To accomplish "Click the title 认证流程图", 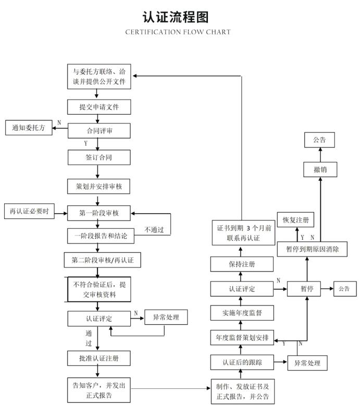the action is point(176,17).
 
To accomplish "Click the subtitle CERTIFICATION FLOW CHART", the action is point(178,32).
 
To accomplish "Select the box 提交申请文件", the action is point(99,107).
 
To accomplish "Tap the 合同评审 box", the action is point(99,131).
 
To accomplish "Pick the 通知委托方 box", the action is point(29,128).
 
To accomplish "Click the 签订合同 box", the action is point(99,157).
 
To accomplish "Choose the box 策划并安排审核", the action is point(98,187).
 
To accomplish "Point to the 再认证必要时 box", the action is point(29,211).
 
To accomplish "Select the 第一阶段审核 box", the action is point(99,213).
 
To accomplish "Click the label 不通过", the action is point(154,229).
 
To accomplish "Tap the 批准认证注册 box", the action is point(99,358).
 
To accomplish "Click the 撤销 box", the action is point(320,169).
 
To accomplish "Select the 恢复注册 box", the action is point(295,219).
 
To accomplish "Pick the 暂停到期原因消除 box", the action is point(312,249).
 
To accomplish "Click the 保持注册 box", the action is point(242,264).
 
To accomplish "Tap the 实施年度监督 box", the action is point(242,313).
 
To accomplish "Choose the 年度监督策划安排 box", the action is point(242,337).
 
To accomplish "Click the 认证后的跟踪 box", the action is point(242,362).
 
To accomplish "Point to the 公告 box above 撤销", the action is point(319,140).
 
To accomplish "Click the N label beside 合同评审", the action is point(59,122).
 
